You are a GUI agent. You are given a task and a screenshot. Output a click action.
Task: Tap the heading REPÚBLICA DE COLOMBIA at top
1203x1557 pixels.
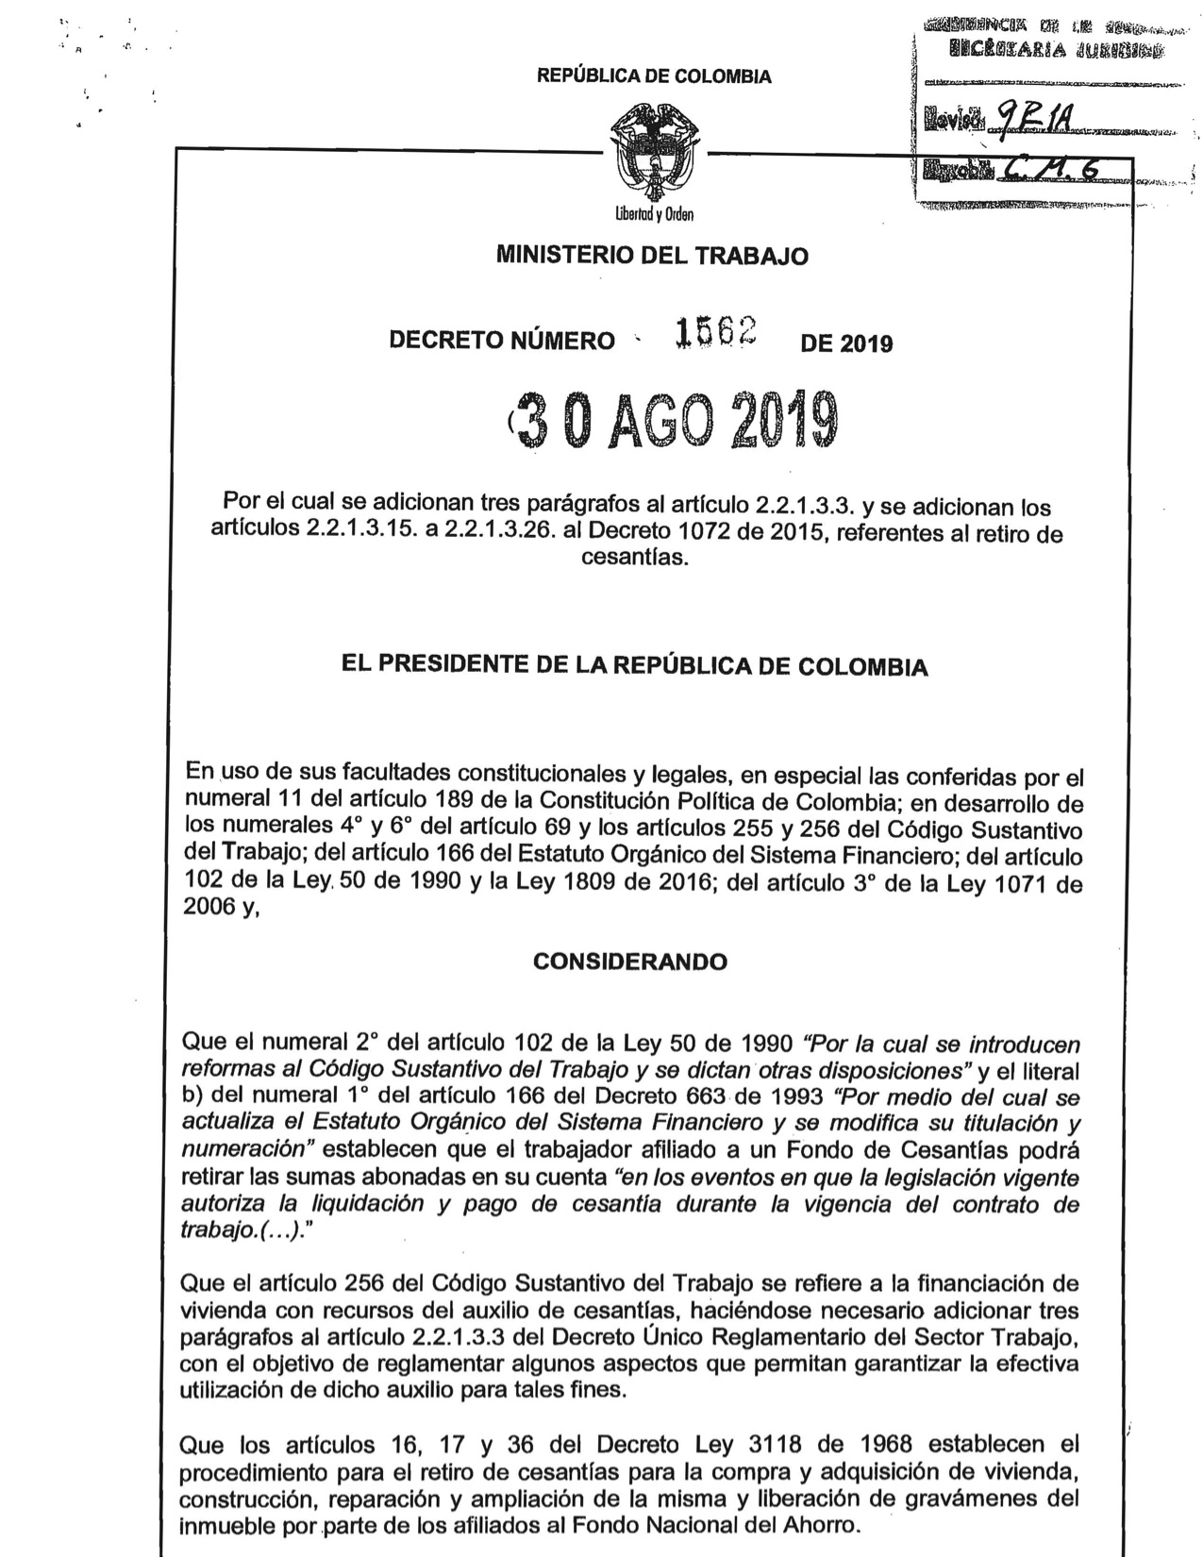[654, 76]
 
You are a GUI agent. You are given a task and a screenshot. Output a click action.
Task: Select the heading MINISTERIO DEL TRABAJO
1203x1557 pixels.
[652, 256]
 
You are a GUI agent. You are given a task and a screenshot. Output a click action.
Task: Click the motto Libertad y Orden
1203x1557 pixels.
[654, 215]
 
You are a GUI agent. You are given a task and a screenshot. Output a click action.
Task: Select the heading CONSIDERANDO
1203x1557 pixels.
[630, 962]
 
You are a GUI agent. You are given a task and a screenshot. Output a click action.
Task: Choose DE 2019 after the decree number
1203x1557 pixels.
[846, 343]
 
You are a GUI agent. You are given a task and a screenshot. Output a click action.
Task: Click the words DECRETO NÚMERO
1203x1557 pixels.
[502, 341]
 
